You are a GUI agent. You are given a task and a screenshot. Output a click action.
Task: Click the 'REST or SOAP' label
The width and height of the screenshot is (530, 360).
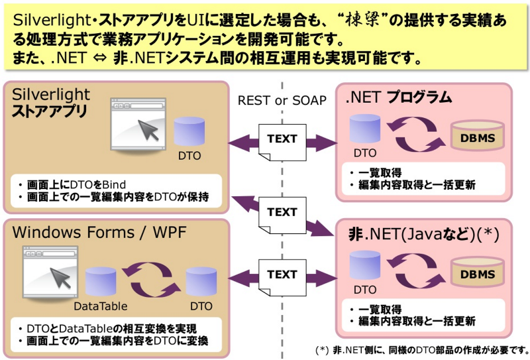[282, 100]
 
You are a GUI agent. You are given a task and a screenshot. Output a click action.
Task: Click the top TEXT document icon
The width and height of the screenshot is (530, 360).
[282, 141]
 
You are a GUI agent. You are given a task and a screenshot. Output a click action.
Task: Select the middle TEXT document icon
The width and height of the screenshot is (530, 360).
[282, 213]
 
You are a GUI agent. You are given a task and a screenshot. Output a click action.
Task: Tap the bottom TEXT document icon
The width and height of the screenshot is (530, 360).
[282, 275]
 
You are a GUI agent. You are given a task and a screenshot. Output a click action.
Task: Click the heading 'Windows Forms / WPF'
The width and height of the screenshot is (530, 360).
[100, 234]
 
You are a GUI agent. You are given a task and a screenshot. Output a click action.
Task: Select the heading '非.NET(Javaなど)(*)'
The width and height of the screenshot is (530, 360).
[424, 233]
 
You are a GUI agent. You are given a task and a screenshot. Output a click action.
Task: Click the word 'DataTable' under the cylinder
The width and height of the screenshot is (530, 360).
[100, 306]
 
